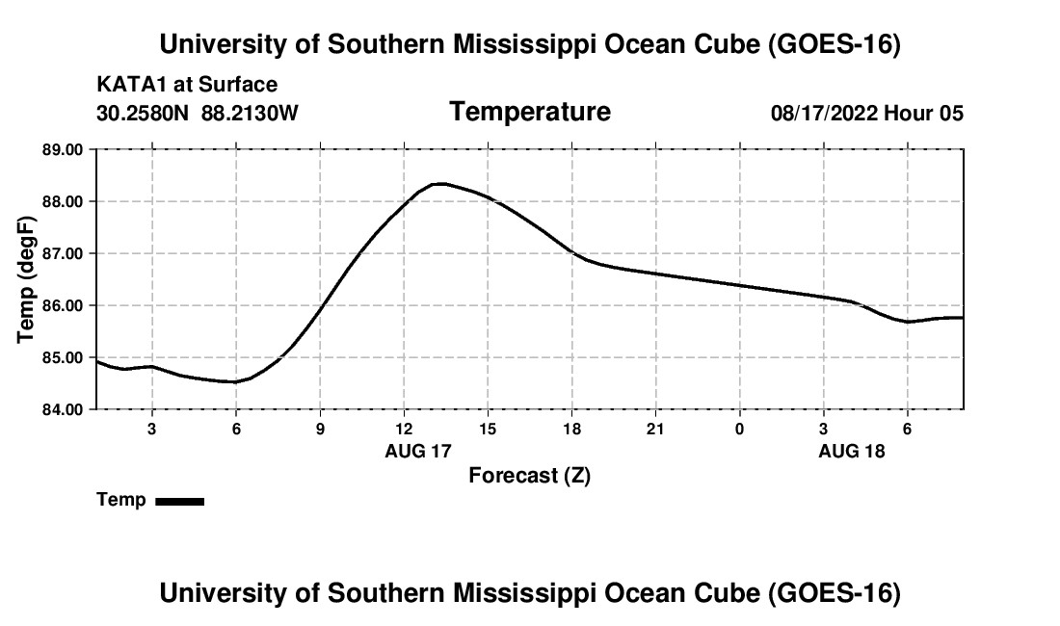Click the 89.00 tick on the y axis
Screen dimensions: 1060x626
[x=63, y=149]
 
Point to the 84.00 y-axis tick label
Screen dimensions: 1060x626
[x=63, y=409]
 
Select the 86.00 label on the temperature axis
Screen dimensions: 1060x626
[x=63, y=305]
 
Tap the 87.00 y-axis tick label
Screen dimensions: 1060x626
[x=63, y=253]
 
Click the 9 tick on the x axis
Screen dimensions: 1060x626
[x=320, y=429]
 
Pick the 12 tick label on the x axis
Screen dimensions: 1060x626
[x=404, y=429]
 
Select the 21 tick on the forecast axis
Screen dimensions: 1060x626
[x=655, y=429]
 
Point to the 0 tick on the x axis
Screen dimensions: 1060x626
[x=739, y=429]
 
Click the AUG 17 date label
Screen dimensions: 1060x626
[x=418, y=451]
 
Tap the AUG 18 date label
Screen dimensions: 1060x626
[x=851, y=451]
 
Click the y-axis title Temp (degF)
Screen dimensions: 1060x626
[x=26, y=279]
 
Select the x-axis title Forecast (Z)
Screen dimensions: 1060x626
[x=529, y=476]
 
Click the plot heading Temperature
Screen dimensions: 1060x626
[x=530, y=112]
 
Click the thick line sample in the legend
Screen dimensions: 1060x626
[x=180, y=501]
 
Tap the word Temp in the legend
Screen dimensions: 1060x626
[x=121, y=500]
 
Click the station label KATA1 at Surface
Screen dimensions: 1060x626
[x=187, y=85]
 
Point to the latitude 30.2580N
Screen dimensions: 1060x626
[x=143, y=113]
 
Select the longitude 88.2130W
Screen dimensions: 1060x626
[x=250, y=113]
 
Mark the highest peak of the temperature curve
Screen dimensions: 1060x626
[x=440, y=183]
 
